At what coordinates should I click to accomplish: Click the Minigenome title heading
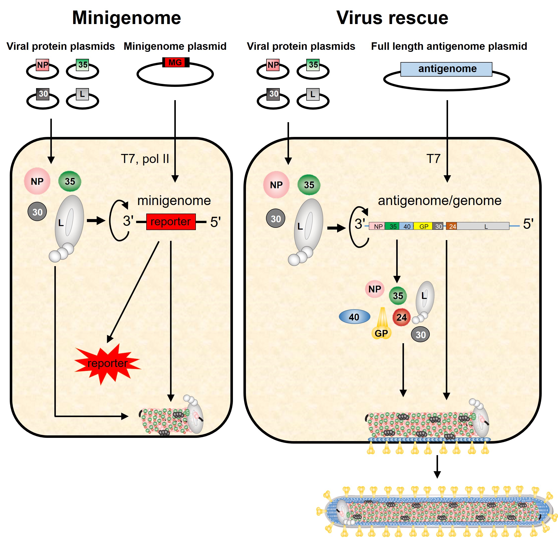126,18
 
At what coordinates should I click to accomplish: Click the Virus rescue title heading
392,18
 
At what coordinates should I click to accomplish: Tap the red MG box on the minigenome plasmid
175,62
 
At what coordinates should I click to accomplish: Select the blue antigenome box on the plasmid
446,69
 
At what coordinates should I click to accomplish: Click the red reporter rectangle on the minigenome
171,222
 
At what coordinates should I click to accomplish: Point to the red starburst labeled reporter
107,363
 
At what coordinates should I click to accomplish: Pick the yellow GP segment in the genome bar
423,226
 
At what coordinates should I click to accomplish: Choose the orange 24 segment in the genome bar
452,226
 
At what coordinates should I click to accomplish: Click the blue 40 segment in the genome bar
406,226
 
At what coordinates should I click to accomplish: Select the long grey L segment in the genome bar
484,226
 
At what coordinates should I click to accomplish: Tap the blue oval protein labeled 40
354,317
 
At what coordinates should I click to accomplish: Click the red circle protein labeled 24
401,317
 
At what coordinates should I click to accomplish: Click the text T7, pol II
145,159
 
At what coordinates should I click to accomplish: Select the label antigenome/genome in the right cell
439,201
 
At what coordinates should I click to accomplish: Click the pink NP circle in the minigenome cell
37,181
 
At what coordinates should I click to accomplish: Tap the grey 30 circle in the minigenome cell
37,212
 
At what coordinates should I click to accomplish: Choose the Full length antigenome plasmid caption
449,46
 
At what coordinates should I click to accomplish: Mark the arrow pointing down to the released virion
437,467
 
